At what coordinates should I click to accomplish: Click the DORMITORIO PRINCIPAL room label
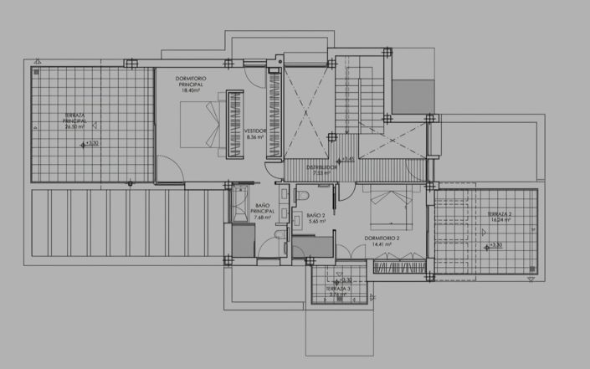point(192,81)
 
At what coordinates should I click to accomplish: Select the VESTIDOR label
point(255,131)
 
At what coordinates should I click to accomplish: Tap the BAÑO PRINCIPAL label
point(262,208)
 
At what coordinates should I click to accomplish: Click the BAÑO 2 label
point(316,215)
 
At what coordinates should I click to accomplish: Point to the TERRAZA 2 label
point(500,214)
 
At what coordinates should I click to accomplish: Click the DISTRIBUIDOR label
point(321,167)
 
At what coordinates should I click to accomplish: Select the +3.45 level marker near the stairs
point(346,158)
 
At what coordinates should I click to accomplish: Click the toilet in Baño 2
point(301,194)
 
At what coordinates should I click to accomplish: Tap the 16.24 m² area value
point(499,223)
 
